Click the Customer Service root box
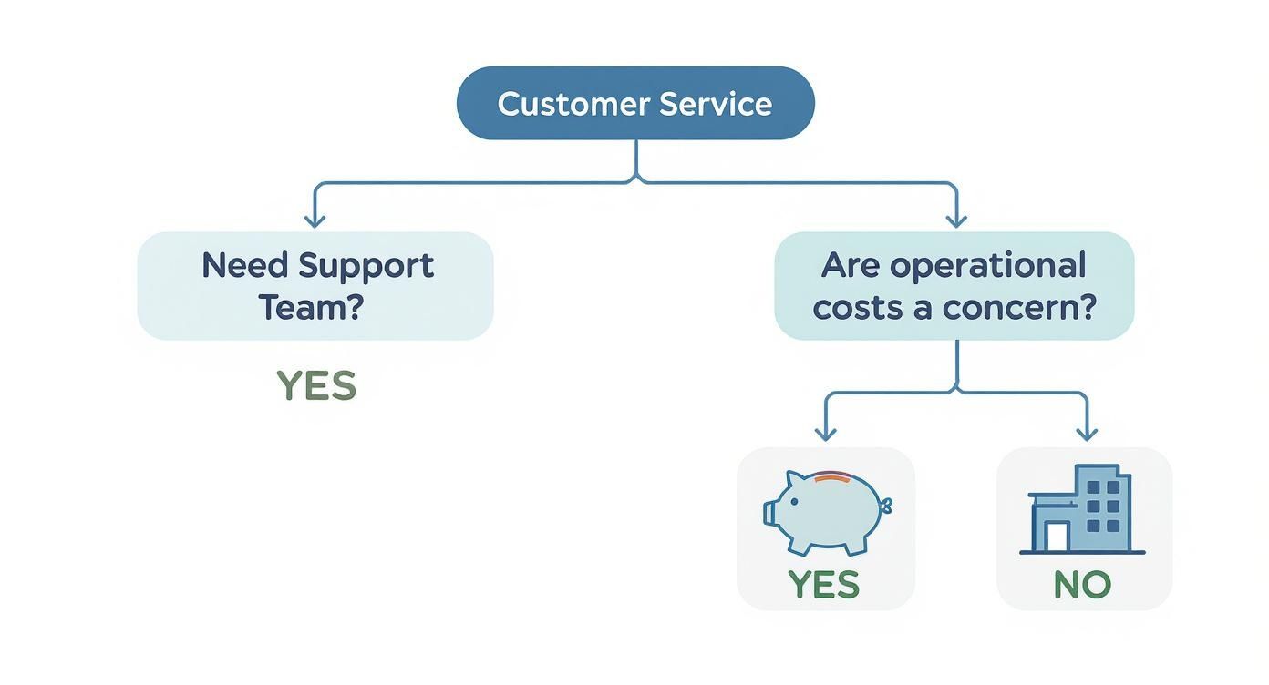click(634, 103)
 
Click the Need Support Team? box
click(315, 286)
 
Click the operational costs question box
click(954, 286)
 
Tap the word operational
click(988, 266)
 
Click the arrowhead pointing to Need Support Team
click(315, 220)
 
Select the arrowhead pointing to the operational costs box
click(955, 220)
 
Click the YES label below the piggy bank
click(823, 584)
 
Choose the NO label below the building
click(1082, 584)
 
